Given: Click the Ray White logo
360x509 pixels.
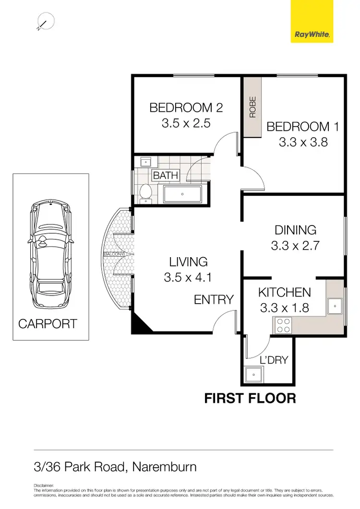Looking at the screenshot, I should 312,21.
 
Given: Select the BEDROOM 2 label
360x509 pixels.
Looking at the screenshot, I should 186,108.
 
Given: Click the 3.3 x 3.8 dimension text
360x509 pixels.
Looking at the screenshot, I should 303,142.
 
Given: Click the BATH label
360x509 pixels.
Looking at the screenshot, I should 165,176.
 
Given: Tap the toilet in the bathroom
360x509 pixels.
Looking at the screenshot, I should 144,193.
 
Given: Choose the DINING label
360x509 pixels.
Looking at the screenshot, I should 295,230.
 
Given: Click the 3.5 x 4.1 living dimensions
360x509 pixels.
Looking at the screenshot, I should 188,277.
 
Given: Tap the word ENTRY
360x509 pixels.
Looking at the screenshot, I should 214,300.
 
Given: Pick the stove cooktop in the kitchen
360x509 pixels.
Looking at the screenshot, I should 283,326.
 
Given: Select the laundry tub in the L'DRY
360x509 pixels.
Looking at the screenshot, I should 252,374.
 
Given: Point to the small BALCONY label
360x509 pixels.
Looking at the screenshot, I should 115,254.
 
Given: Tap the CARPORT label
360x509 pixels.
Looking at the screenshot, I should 48,324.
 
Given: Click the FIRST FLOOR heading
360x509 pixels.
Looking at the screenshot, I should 250,398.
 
